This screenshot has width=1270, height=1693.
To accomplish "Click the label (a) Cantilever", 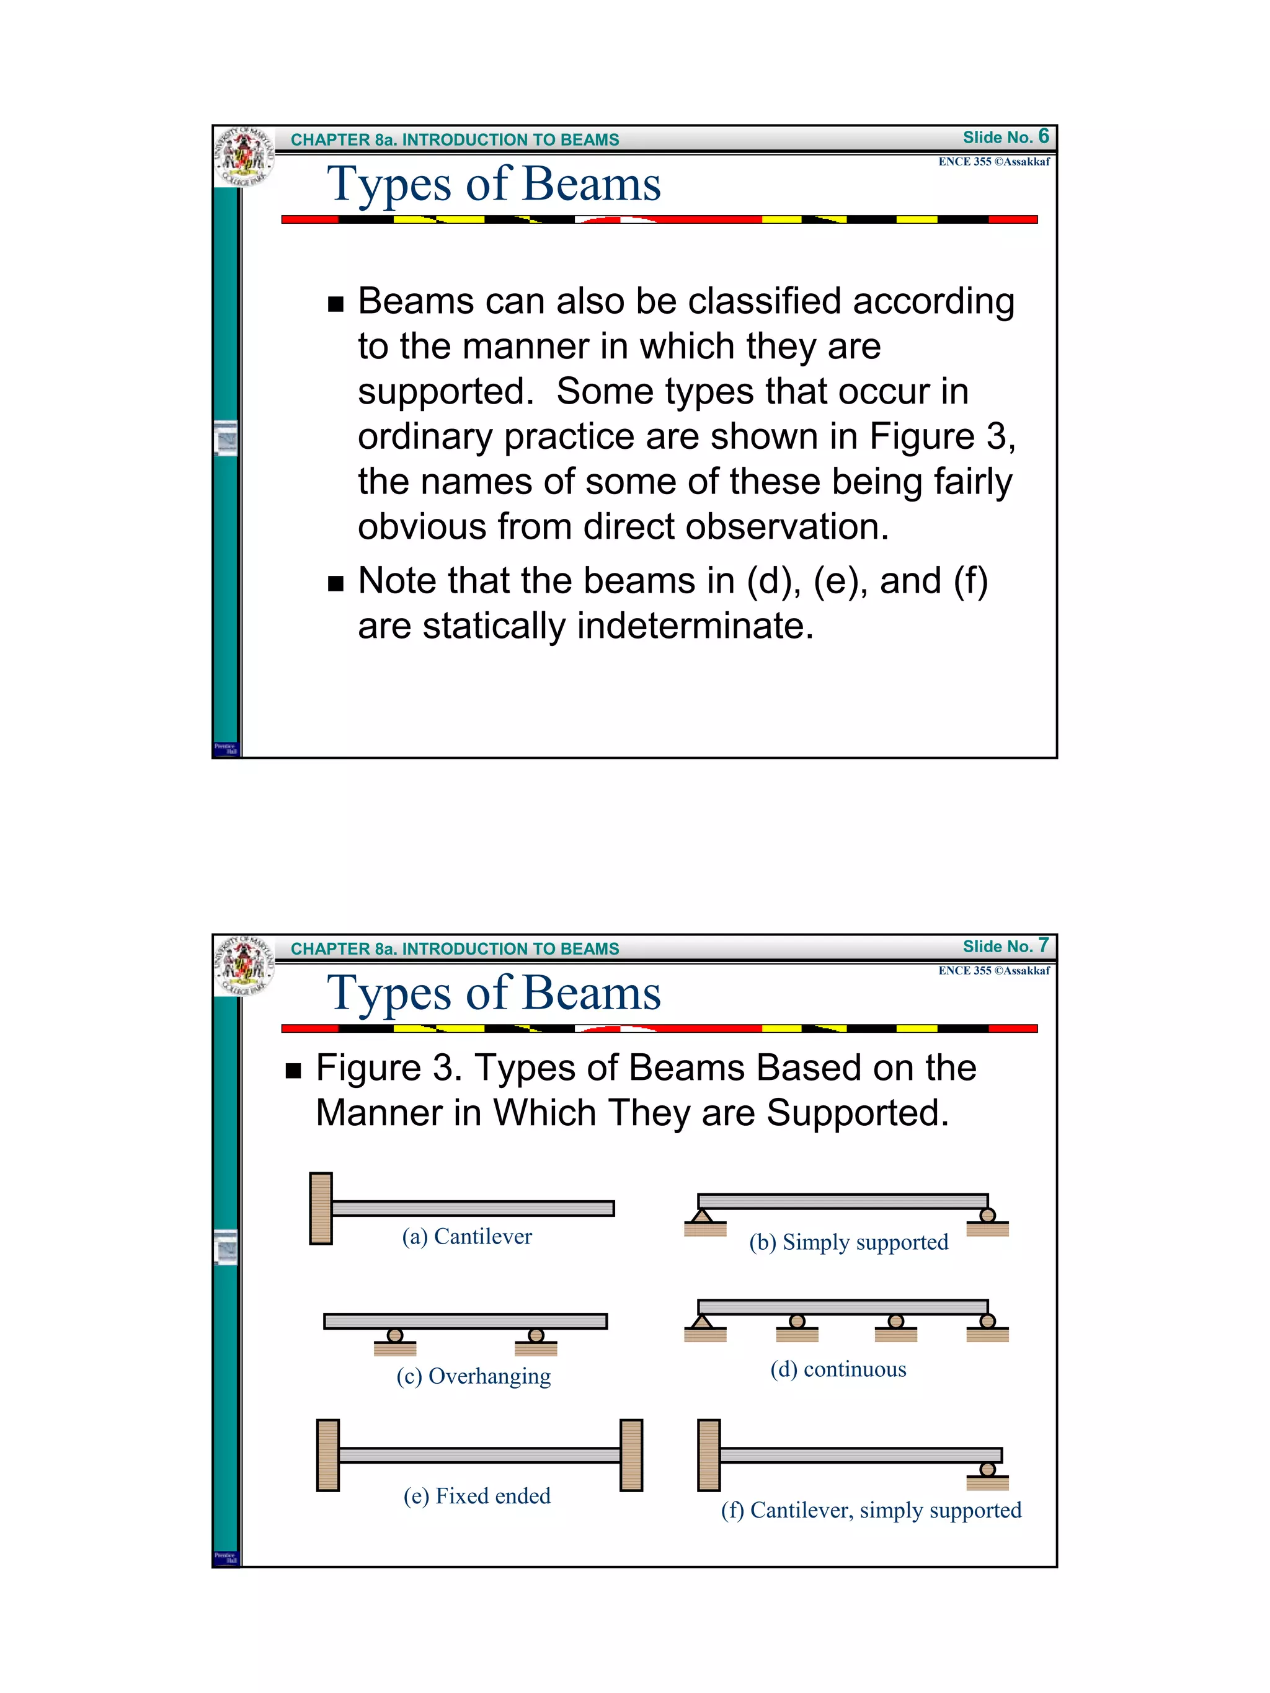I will coord(466,1236).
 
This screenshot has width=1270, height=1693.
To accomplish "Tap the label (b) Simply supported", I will coord(848,1242).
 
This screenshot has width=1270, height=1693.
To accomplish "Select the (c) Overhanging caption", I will coord(473,1376).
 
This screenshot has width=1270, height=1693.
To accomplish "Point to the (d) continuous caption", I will coord(838,1369).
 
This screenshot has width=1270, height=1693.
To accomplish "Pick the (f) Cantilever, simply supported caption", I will coord(871,1510).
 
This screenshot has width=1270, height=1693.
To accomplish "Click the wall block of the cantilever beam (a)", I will coord(321,1208).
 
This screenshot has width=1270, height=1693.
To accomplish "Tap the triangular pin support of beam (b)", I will coord(702,1216).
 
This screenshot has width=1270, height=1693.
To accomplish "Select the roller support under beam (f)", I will coord(987,1469).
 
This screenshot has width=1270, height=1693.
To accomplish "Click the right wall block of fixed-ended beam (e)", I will coord(631,1455).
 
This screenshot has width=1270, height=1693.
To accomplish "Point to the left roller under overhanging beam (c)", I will coord(395,1335).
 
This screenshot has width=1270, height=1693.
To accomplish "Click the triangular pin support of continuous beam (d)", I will coord(702,1322).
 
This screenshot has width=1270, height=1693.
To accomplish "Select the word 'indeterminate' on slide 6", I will coord(695,626).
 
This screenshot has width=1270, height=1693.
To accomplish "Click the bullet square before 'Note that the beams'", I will coord(335,584).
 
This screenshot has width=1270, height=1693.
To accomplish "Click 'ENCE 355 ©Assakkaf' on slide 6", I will coord(993,162).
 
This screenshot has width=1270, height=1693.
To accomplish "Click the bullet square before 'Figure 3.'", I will coord(293,1071).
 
